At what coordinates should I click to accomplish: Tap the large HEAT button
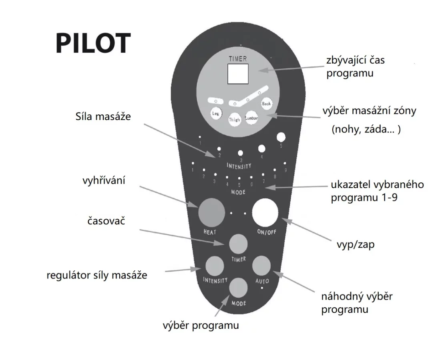212,212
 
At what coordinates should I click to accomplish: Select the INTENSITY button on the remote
215,266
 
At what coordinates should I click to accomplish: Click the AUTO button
261,266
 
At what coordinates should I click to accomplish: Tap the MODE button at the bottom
238,288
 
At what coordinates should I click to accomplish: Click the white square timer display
238,74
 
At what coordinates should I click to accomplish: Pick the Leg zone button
216,114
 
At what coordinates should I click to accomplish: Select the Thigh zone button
235,120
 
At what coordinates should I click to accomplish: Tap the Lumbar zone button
251,118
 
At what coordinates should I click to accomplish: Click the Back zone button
266,104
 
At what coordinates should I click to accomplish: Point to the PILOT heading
93,43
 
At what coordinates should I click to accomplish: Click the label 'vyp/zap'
356,245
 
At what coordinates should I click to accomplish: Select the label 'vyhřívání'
104,180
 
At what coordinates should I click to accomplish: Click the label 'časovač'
106,221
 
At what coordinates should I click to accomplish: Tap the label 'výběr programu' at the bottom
201,325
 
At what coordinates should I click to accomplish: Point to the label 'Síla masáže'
103,116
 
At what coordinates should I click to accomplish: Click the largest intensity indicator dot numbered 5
281,137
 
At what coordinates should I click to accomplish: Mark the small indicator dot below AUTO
262,288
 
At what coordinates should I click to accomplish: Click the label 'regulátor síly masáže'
97,275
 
